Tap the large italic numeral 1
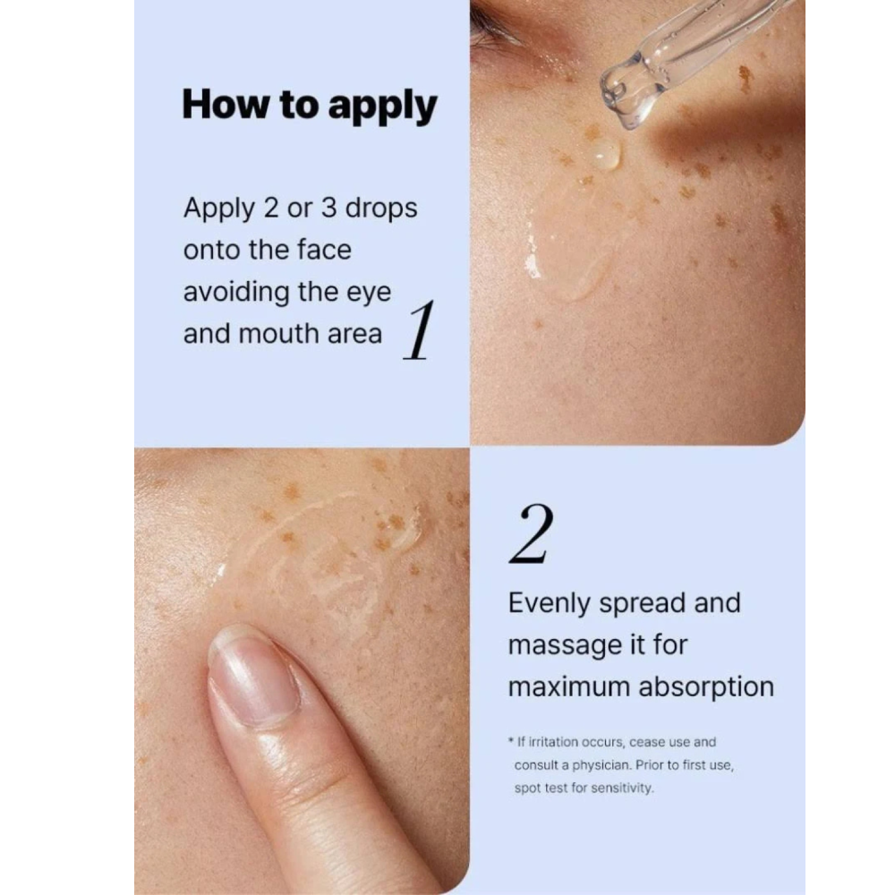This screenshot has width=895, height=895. [x=420, y=330]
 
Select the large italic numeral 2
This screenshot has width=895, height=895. [x=531, y=535]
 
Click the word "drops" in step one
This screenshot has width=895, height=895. [x=381, y=209]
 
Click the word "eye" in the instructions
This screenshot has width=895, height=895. [x=369, y=294]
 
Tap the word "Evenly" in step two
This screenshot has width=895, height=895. [x=549, y=604]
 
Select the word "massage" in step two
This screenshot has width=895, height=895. [x=565, y=646]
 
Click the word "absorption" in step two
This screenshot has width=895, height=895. [x=706, y=687]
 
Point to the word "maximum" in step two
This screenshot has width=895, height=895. [x=569, y=687]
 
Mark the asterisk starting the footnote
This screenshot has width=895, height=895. [x=511, y=741]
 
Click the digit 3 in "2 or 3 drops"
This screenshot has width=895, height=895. [x=328, y=208]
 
